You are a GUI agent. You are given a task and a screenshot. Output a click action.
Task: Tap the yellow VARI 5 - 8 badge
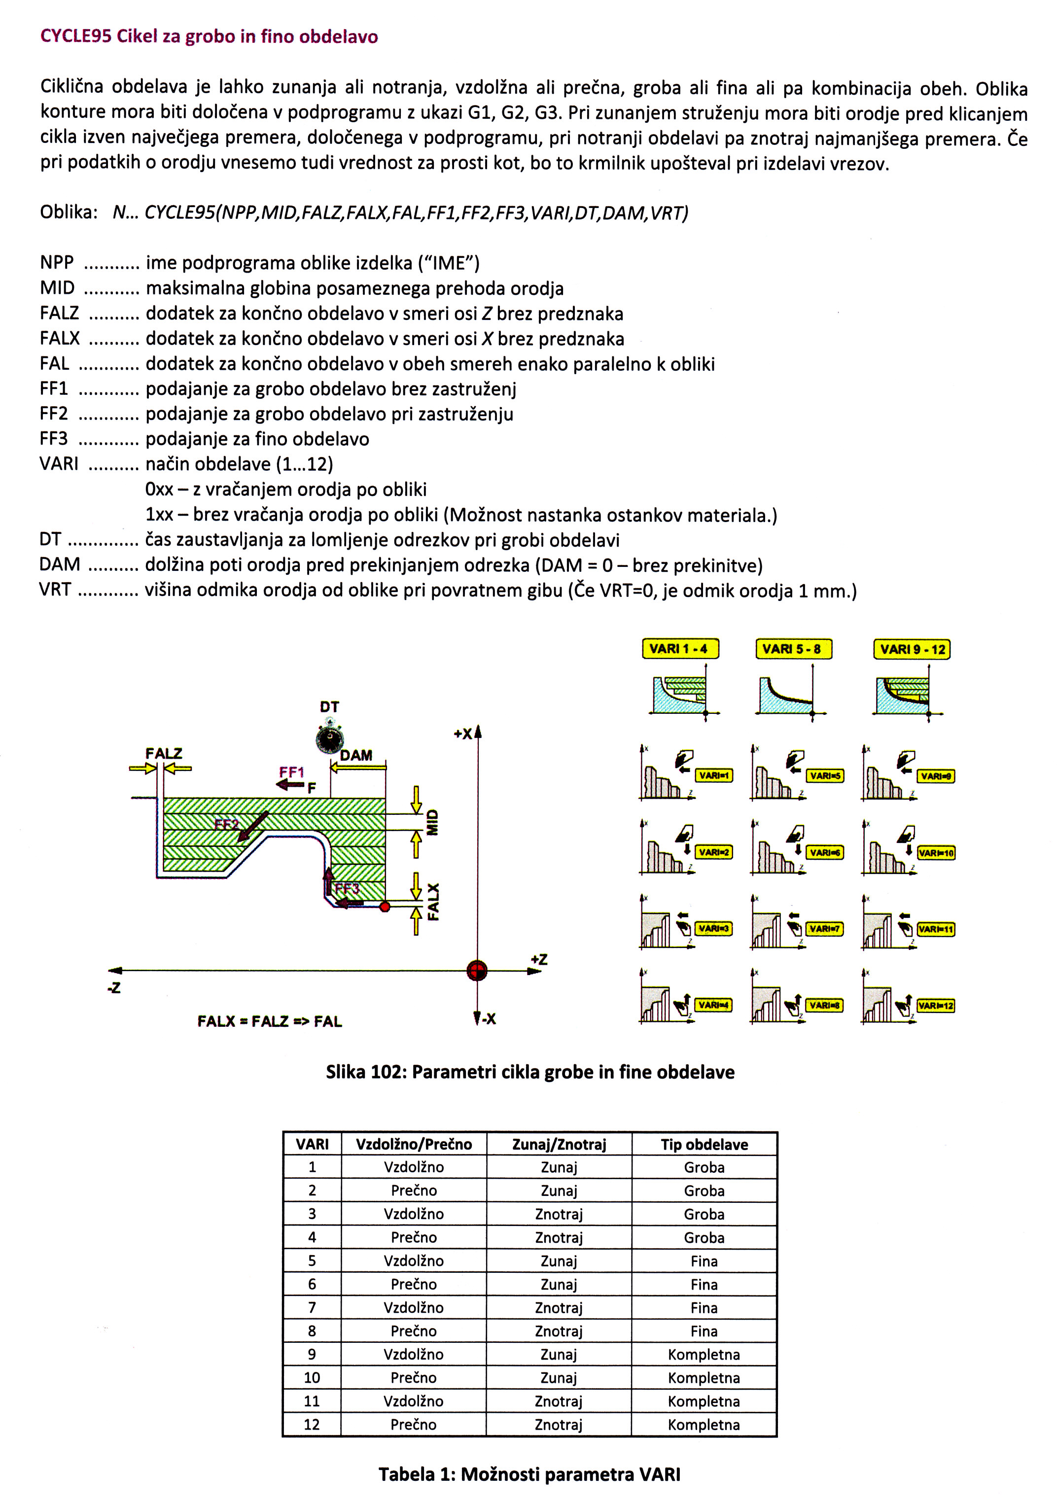pos(793,649)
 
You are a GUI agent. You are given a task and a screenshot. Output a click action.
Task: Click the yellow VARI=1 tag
pos(714,775)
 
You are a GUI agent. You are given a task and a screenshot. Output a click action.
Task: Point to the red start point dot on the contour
pos(385,907)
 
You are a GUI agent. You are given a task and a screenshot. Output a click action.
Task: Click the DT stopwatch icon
pos(330,739)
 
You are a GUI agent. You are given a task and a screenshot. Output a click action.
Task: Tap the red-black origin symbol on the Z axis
pos(477,970)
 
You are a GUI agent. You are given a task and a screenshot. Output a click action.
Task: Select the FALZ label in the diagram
pos(163,753)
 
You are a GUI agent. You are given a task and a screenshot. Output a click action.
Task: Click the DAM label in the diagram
pos(356,755)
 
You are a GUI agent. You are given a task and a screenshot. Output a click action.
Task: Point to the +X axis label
pos(463,734)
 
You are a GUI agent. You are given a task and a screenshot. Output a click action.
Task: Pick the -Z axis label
pos(115,988)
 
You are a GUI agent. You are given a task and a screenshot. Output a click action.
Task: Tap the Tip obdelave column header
pos(704,1145)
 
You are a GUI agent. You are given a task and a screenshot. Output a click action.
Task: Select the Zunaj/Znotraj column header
pos(559,1145)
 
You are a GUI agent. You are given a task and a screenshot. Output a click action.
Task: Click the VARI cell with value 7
pos(312,1308)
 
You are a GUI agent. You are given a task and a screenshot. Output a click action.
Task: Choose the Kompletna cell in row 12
pos(704,1424)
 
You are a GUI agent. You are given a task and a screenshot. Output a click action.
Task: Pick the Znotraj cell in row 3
pos(559,1214)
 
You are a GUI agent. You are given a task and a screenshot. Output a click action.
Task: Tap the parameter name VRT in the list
pos(55,590)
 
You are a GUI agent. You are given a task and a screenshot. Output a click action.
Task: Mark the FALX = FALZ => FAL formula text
pos(269,1021)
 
